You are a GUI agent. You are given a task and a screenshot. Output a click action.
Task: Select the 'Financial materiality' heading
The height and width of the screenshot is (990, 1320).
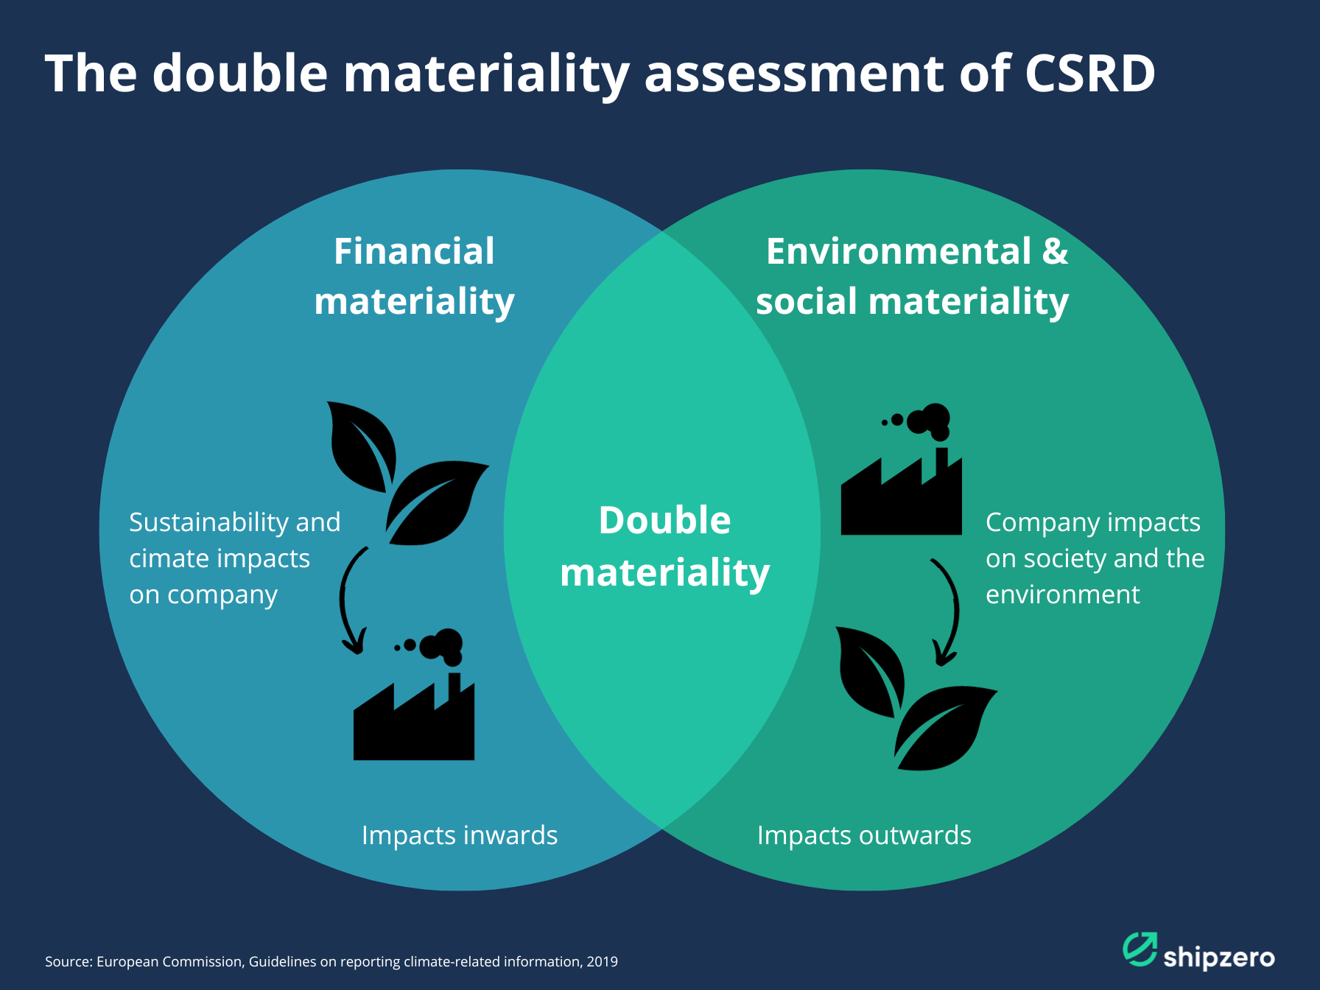[414, 276]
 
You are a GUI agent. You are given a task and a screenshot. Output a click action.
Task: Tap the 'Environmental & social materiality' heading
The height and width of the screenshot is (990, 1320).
[913, 276]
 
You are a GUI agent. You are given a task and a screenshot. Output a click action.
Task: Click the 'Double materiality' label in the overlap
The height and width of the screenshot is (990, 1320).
[664, 546]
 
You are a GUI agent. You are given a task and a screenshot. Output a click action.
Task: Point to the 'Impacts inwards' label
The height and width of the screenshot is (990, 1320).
[459, 835]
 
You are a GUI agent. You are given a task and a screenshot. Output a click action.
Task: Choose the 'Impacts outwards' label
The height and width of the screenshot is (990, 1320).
[864, 835]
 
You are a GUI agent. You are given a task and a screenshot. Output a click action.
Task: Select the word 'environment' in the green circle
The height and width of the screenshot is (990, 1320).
[1062, 594]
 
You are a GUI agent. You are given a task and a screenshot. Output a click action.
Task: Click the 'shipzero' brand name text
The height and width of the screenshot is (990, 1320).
[1219, 958]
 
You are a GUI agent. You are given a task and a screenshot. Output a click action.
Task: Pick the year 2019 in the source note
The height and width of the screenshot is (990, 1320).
[602, 961]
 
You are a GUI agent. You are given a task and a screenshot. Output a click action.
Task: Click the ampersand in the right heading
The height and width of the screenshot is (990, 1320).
[1055, 251]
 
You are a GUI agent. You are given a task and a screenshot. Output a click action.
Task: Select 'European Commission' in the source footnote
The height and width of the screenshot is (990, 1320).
[169, 961]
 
